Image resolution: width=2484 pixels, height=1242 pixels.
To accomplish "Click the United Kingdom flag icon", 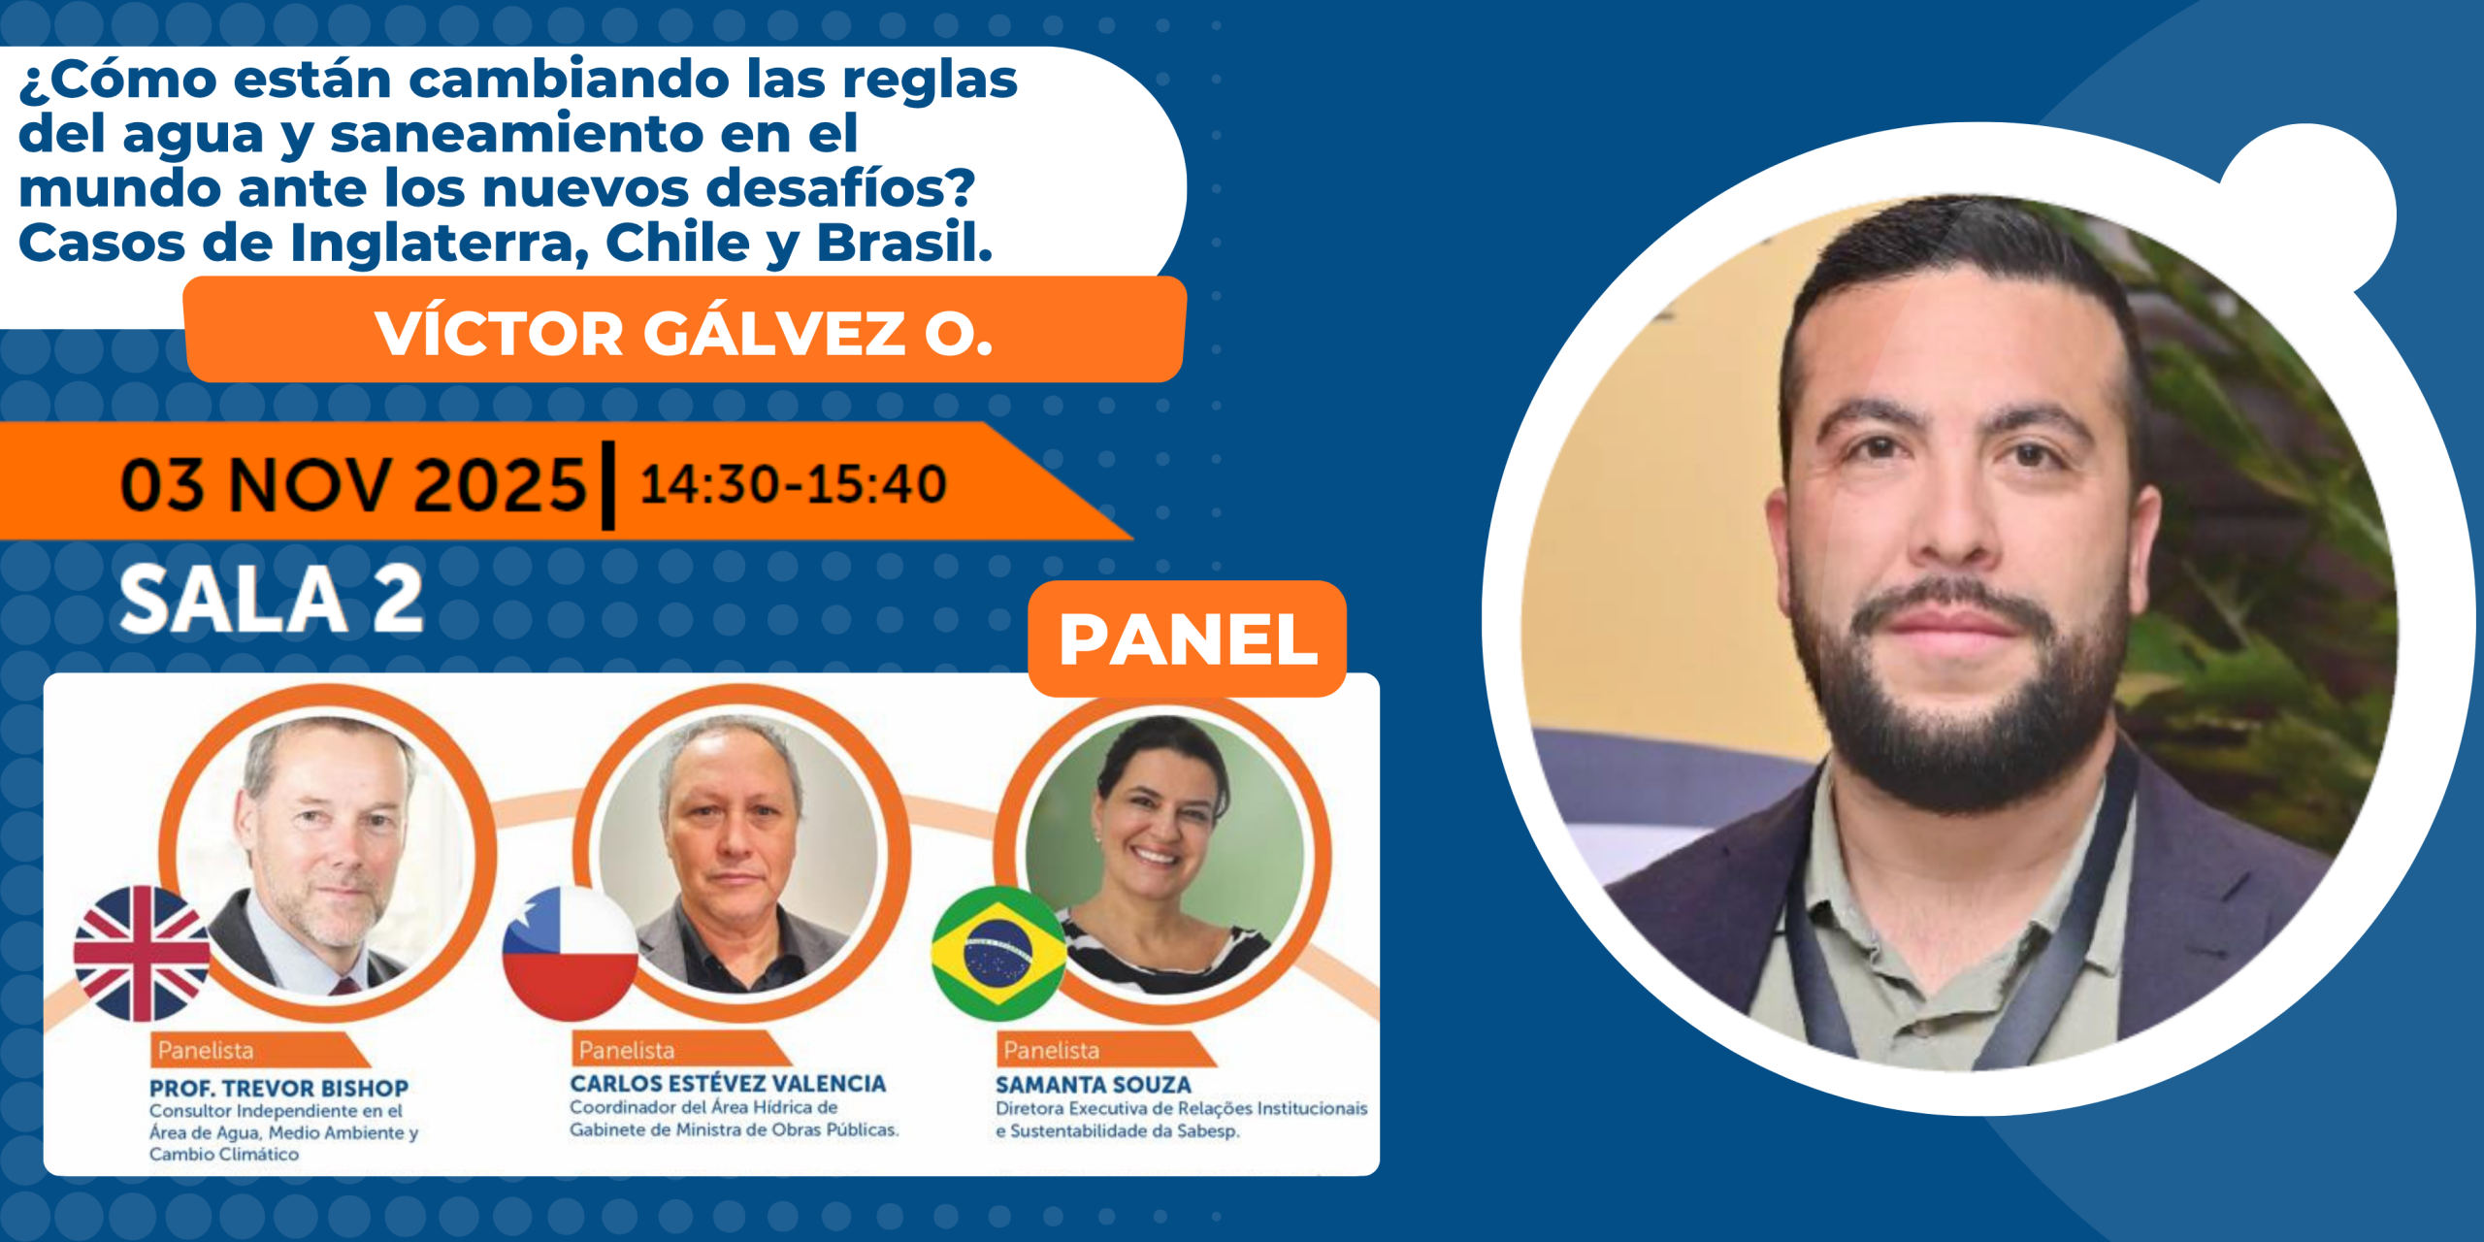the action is [142, 954].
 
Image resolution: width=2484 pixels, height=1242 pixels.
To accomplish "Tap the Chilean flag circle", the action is [571, 954].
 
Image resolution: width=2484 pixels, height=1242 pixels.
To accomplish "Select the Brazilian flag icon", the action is [998, 954].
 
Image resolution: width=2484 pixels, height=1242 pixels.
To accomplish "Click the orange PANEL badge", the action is [1187, 638].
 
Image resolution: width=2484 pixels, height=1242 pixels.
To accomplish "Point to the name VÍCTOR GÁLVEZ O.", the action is [684, 334].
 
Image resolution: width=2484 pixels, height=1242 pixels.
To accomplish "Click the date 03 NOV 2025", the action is [353, 484].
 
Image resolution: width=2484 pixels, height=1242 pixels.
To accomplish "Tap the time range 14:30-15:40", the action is [793, 484].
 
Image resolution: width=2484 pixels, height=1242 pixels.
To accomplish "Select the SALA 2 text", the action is [272, 600].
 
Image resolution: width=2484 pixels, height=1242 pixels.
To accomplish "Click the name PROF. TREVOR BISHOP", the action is [278, 1088].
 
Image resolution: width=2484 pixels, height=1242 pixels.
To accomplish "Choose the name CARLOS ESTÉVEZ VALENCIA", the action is [728, 1084].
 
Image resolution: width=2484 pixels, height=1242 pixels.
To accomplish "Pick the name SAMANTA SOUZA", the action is [1093, 1085].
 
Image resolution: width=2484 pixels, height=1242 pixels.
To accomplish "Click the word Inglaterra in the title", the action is [440, 243].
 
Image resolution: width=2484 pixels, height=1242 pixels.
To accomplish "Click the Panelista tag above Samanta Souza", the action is [1052, 1050].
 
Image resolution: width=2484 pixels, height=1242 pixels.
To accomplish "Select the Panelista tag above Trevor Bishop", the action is [206, 1050].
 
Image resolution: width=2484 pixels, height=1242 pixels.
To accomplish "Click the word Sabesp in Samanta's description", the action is [1206, 1131].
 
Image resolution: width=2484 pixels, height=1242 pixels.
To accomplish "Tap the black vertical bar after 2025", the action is [608, 485].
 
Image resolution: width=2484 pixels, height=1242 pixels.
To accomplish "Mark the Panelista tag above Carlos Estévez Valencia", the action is [627, 1050].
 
